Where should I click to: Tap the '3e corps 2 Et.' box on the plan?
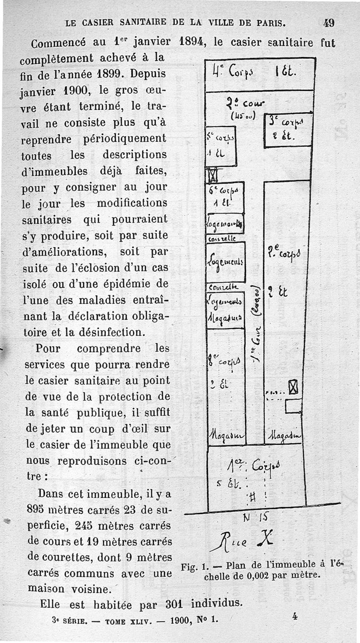[287, 129]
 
